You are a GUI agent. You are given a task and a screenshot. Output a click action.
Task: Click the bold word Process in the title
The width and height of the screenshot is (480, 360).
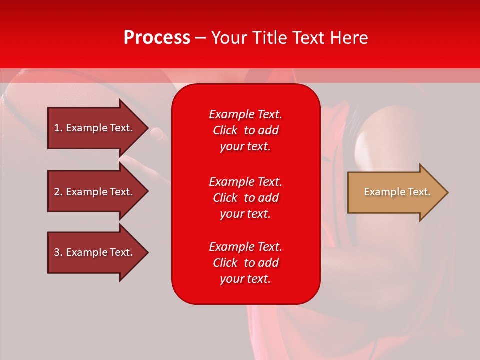(157, 38)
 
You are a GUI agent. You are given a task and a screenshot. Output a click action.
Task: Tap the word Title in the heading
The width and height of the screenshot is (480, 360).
(270, 38)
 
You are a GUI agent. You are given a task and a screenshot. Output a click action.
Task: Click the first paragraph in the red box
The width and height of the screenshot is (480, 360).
(245, 130)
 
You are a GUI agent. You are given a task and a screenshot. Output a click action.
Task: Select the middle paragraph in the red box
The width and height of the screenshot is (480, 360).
(245, 198)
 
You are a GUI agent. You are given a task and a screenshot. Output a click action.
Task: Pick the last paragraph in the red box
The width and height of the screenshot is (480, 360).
(245, 263)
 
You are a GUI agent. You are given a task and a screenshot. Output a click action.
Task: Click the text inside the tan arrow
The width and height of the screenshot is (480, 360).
(397, 192)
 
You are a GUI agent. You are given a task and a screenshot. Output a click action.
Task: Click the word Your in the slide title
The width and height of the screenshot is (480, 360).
(229, 38)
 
